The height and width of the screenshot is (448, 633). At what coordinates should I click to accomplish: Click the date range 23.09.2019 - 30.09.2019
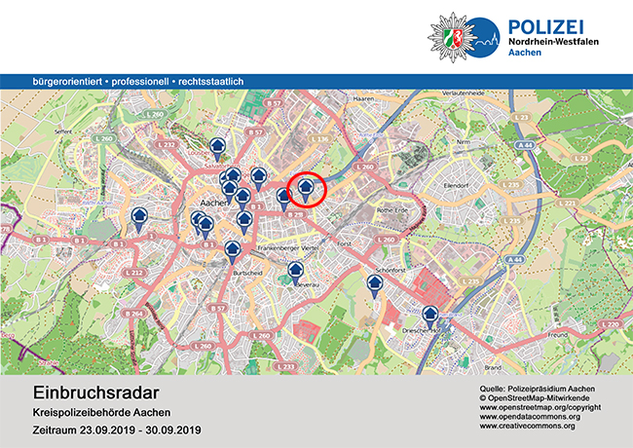coord(117,429)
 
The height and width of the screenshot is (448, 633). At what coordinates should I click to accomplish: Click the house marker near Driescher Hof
coord(429,317)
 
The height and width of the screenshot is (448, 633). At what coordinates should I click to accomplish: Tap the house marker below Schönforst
coord(374,285)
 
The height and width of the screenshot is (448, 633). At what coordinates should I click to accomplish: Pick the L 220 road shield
coord(612,323)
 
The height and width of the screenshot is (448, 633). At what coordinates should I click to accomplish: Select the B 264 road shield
coord(134,314)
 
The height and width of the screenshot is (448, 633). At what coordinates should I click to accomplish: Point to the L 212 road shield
coord(136,273)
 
